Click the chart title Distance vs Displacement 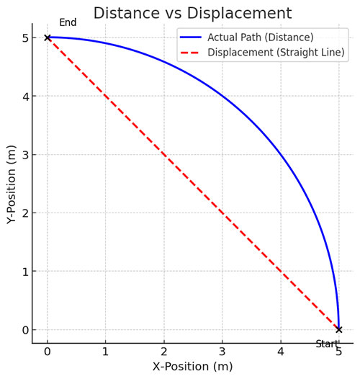pos(192,13)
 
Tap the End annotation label pos(68,23)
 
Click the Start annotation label pos(327,344)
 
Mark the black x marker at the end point pos(48,37)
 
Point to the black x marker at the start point pos(338,329)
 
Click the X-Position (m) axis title pos(192,366)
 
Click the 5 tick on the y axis pos(24,37)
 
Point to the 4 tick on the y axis pos(24,96)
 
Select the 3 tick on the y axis pos(24,154)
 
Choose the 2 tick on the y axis pos(24,213)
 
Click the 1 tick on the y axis pos(24,271)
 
